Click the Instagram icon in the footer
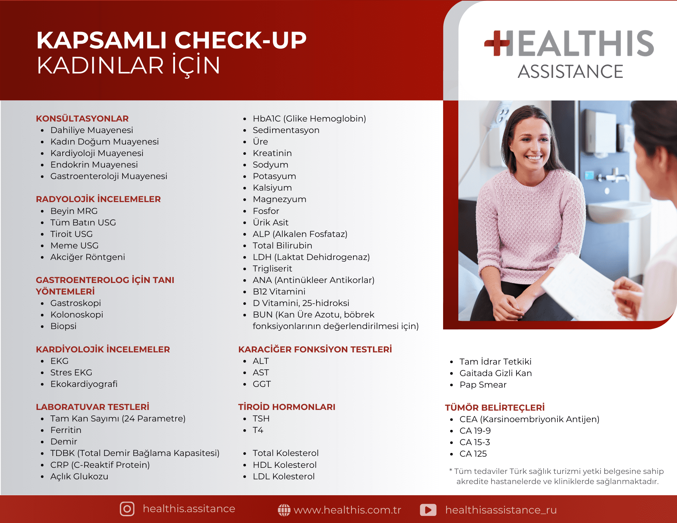(x=127, y=509)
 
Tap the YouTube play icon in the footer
(x=428, y=510)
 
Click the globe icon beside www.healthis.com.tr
(x=284, y=510)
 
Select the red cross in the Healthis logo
(x=497, y=43)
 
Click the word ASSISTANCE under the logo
(x=570, y=71)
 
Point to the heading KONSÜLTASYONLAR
(x=82, y=118)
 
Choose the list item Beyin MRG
(x=74, y=211)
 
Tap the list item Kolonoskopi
(x=77, y=314)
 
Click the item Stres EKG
(x=71, y=372)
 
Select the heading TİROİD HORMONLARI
(x=287, y=407)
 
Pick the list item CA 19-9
(x=475, y=431)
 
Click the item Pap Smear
(x=483, y=385)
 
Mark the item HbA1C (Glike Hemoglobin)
(x=309, y=118)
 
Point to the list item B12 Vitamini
(x=279, y=291)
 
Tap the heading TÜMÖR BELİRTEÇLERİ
(x=495, y=407)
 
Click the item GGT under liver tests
(x=262, y=384)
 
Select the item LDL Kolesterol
(x=284, y=476)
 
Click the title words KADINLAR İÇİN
(x=129, y=66)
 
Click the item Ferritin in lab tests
(x=66, y=430)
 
